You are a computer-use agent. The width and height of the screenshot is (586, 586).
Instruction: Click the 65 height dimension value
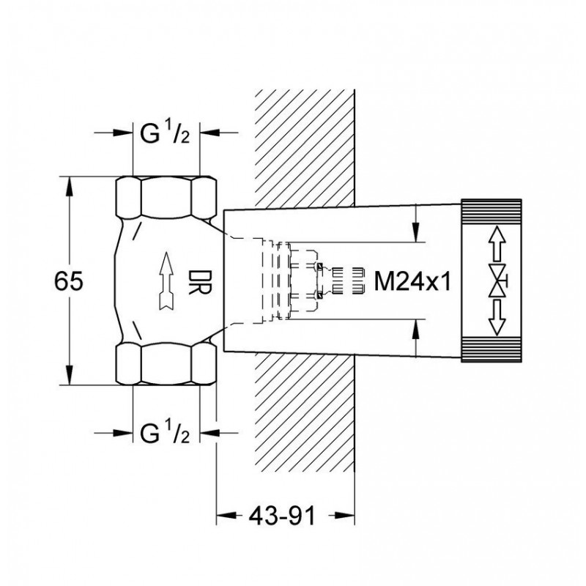[69, 281]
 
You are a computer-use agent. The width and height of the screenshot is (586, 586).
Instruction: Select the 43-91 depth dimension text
[282, 516]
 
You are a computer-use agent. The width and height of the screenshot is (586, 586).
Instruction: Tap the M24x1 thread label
[412, 281]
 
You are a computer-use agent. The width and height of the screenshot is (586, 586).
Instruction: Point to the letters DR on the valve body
[200, 283]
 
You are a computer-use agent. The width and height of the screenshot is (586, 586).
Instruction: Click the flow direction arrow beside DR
[166, 281]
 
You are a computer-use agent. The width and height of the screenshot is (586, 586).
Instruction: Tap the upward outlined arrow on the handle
[497, 244]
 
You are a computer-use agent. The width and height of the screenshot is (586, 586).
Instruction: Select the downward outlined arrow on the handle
[497, 318]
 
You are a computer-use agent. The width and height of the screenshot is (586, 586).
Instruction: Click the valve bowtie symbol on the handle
[498, 281]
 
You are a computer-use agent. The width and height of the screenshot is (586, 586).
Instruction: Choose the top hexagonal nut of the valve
[166, 197]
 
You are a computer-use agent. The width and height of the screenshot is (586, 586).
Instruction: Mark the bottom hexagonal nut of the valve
[166, 363]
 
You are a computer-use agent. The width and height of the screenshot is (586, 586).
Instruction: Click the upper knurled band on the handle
[492, 212]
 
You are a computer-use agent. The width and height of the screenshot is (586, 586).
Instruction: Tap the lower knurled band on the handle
[492, 350]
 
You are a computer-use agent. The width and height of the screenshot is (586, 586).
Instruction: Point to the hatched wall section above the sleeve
[305, 149]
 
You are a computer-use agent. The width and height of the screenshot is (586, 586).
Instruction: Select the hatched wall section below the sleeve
[305, 412]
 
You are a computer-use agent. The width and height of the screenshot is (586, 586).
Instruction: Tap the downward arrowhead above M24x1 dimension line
[416, 231]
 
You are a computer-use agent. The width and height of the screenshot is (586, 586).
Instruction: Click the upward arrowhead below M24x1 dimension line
[416, 330]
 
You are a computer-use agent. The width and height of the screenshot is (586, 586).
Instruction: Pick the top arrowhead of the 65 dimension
[69, 187]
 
